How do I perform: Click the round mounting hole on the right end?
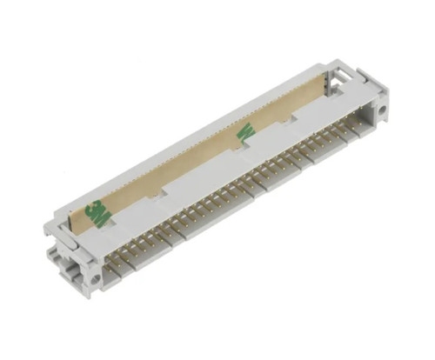[379, 111]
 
